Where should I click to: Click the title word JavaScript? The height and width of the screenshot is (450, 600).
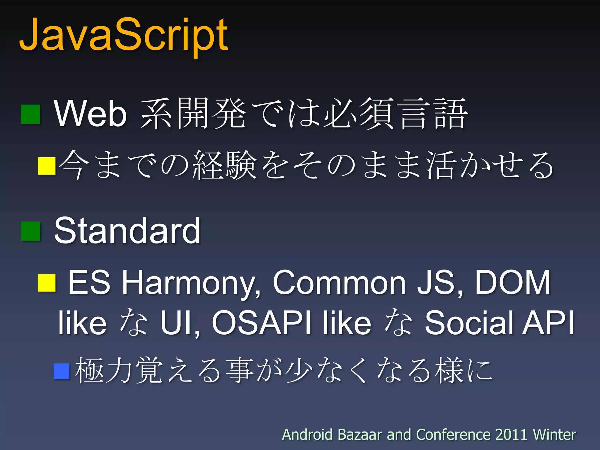coord(123,35)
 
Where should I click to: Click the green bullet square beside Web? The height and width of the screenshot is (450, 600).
coord(30,114)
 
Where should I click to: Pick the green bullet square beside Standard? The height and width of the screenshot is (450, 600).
coord(30,231)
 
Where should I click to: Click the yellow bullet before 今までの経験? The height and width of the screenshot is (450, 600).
coord(47,166)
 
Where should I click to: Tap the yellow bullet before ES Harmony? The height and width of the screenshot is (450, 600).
coord(47,283)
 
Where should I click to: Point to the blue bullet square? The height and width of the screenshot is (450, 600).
coord(62,371)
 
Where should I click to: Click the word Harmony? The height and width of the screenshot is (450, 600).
coord(190,283)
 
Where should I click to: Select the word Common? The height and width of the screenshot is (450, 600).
coord(339,282)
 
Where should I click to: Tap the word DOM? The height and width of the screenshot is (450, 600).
coord(513,282)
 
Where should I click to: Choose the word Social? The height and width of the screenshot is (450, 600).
coord(469,323)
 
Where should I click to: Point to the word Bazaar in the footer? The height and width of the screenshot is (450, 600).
coord(360,434)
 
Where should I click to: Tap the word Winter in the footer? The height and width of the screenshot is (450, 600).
coord(554,434)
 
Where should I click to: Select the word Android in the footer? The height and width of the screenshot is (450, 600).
coord(307,434)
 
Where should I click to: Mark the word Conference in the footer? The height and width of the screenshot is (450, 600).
coord(454,434)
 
